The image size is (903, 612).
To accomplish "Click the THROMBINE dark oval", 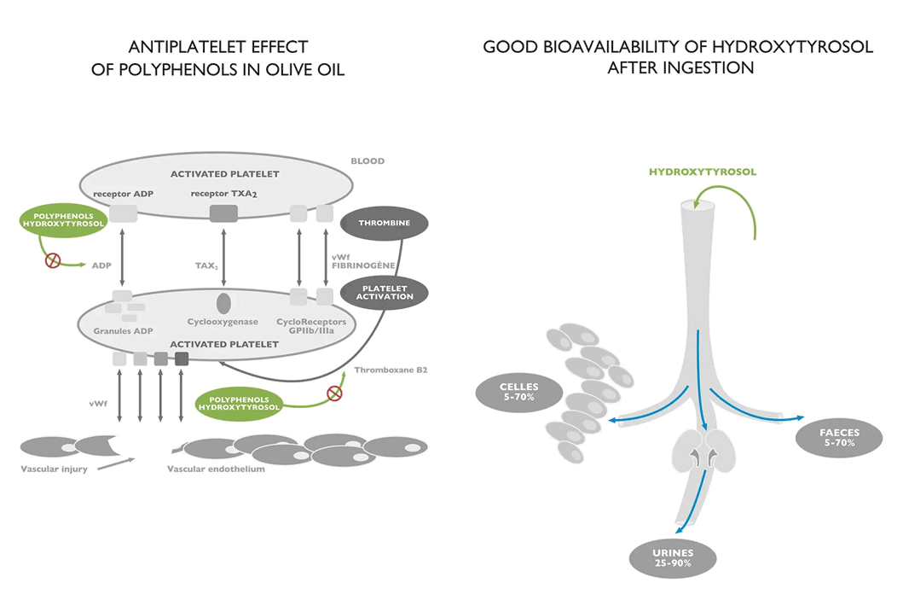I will pyautogui.click(x=384, y=223).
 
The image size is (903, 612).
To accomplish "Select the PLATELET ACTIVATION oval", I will pyautogui.click(x=384, y=291).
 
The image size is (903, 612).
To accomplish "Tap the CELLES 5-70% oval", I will pyautogui.click(x=518, y=392).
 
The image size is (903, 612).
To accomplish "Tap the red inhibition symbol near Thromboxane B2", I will pyautogui.click(x=334, y=393).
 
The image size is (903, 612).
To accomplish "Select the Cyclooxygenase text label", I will pyautogui.click(x=223, y=323).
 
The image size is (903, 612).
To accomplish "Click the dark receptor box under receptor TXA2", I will pyautogui.click(x=223, y=213).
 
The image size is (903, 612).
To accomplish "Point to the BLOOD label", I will pyautogui.click(x=368, y=160).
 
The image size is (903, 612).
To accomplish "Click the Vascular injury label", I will pyautogui.click(x=53, y=469).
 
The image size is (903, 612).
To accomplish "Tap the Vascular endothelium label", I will pyautogui.click(x=216, y=469).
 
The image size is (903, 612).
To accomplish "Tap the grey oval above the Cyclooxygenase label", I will pyautogui.click(x=223, y=302).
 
